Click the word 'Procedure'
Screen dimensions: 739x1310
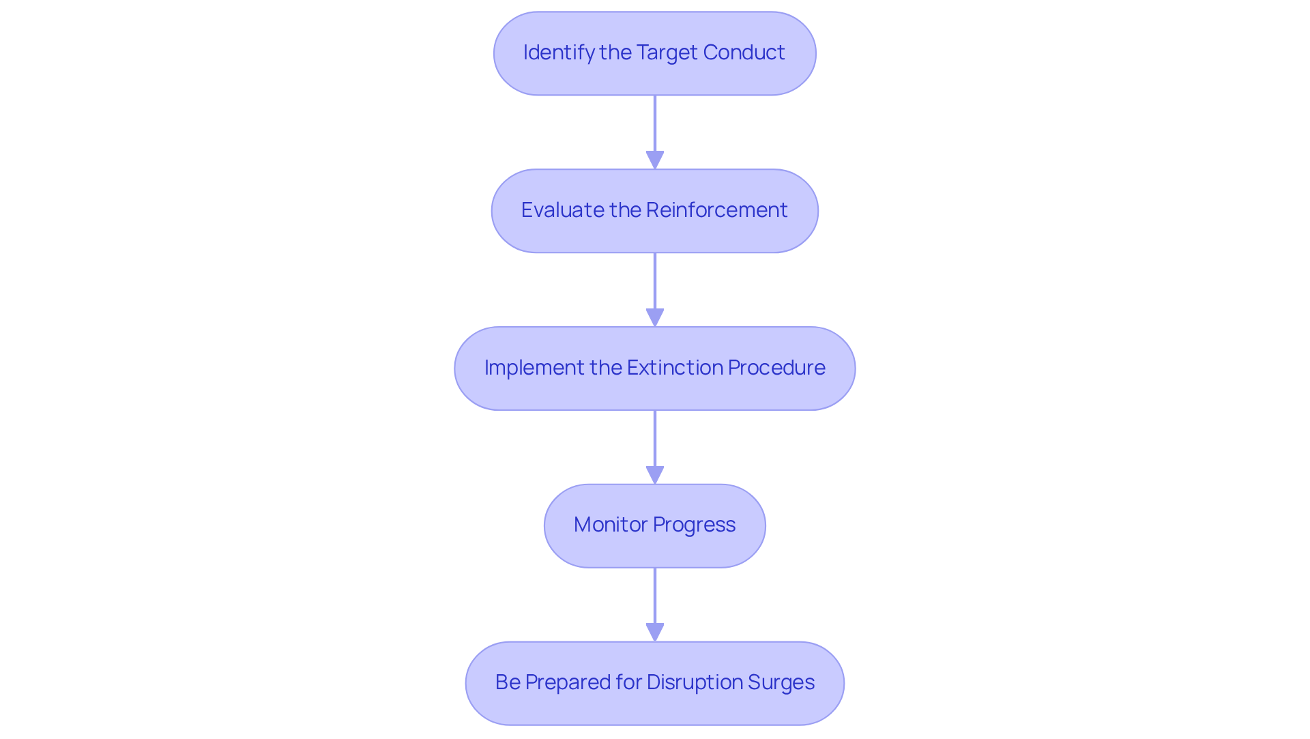coord(776,368)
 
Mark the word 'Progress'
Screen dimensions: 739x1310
coord(694,525)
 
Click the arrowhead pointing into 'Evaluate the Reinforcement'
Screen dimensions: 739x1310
coord(654,160)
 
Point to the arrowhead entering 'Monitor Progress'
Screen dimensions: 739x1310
coord(654,476)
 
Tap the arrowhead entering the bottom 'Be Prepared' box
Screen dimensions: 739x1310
coord(654,633)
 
